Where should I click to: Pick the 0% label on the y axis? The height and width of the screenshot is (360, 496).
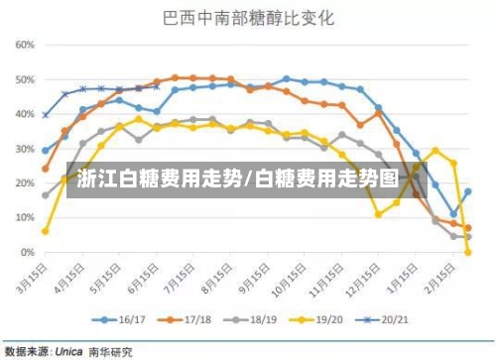pyautogui.click(x=28, y=253)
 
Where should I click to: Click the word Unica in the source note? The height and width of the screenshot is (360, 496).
pyautogui.click(x=67, y=350)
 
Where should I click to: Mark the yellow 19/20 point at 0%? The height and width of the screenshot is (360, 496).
pyautogui.click(x=467, y=253)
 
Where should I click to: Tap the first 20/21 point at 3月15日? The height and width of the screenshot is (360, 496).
pyautogui.click(x=46, y=115)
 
